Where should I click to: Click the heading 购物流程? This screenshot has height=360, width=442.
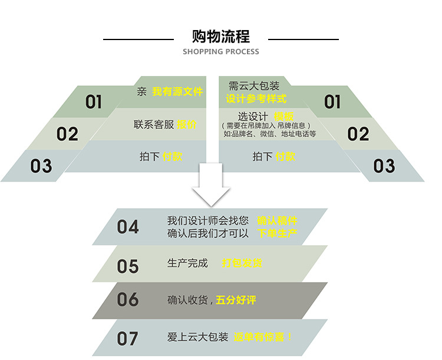pos(221,37)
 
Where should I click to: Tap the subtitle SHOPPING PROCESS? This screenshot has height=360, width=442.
pos(221,52)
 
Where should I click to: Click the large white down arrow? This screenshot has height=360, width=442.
pos(212,184)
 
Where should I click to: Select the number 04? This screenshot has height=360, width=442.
pos(128,227)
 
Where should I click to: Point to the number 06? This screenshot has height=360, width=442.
pos(128,300)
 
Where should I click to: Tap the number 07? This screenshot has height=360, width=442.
pos(128,338)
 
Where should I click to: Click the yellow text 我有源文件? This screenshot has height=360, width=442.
pos(177,92)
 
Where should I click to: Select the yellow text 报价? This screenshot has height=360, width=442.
pos(187,125)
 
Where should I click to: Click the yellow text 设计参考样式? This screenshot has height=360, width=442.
pos(256,98)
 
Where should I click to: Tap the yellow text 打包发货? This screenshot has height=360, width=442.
pos(242,263)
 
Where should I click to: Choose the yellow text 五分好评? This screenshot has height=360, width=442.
pos(236,300)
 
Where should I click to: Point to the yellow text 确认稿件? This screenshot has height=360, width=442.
pos(277,221)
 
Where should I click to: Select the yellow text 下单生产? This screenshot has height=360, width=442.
pos(277,233)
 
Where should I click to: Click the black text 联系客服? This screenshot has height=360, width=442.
pos(154,125)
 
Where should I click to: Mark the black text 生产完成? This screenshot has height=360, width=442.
pos(187,263)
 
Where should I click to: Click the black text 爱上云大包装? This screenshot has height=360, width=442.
pos(197,337)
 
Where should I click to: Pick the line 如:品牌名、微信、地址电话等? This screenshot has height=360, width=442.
pos(270,134)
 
